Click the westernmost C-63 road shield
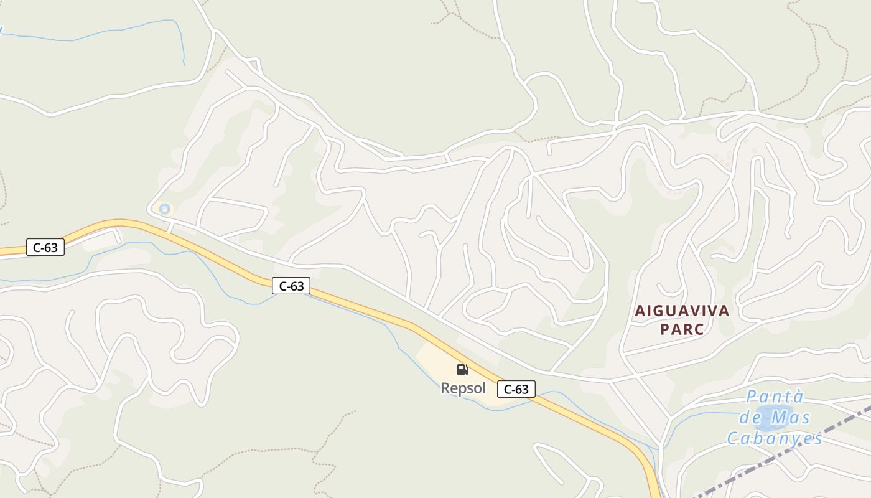45,247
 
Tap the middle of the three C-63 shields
291,286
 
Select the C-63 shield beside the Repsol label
516,389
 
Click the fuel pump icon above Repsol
462,370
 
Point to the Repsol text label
463,388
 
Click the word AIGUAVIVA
682,311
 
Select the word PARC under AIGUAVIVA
682,329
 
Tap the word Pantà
775,397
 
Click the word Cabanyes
775,438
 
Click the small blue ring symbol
164,209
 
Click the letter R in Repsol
445,388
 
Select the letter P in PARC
664,329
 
